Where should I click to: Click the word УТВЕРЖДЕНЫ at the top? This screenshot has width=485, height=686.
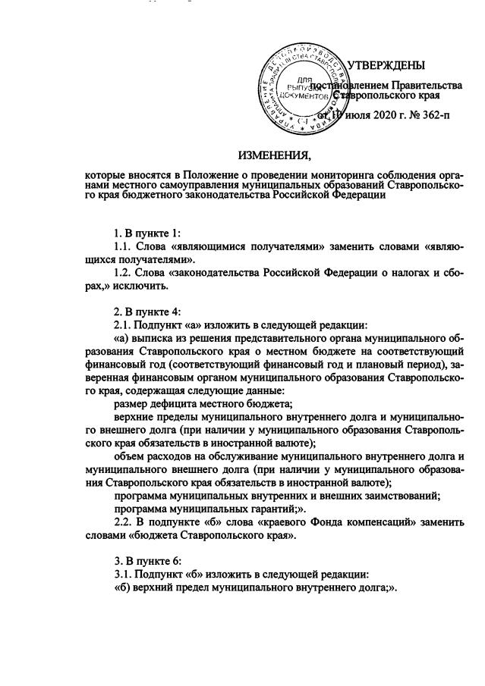click(386, 66)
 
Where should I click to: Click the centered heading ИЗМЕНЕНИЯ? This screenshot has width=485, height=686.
click(275, 157)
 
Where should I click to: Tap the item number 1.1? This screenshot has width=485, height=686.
click(123, 246)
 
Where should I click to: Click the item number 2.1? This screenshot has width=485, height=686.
click(123, 325)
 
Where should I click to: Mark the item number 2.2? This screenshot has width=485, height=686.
click(123, 522)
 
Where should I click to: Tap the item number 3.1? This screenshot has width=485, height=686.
click(123, 574)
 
